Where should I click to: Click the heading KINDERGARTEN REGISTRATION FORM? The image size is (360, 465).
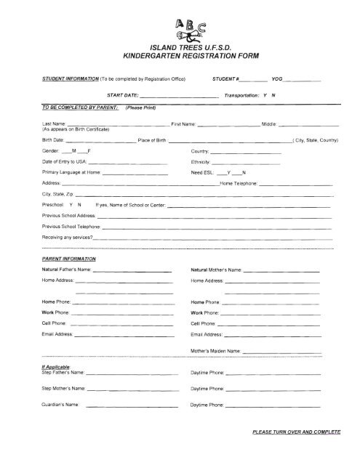[x=180, y=56]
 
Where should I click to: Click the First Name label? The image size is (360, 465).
[x=183, y=124]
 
